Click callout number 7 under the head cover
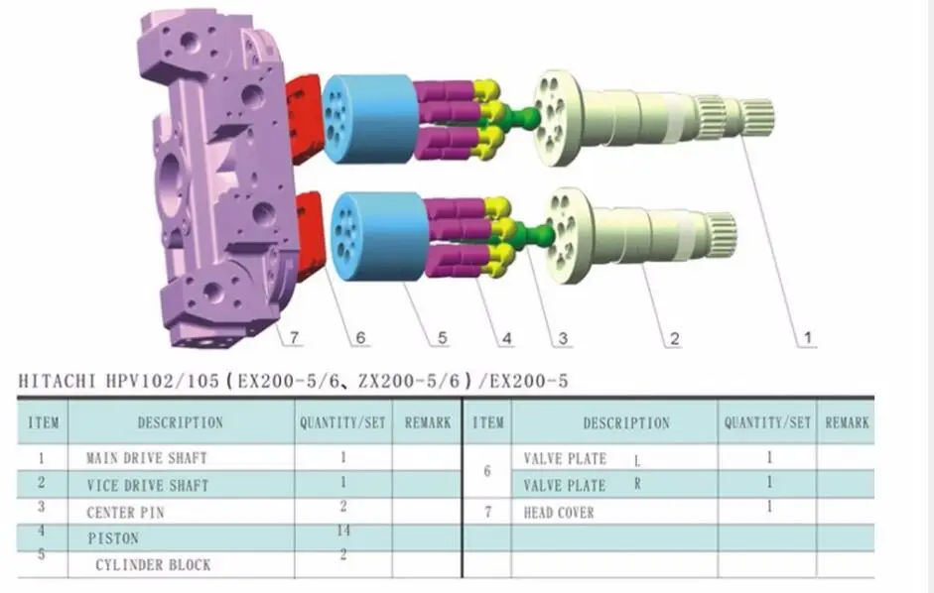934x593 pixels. pos(294,337)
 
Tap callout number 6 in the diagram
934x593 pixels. pos(360,337)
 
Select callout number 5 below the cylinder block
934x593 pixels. pos(442,337)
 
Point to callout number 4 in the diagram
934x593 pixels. pos(507,338)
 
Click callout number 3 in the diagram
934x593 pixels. pos(563,338)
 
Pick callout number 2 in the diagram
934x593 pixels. pos(674,338)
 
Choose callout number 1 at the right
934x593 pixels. pos(808,337)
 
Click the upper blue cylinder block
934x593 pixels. pos(369,118)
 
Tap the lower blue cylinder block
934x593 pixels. pos(379,236)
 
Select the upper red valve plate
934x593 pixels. pos(305,118)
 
